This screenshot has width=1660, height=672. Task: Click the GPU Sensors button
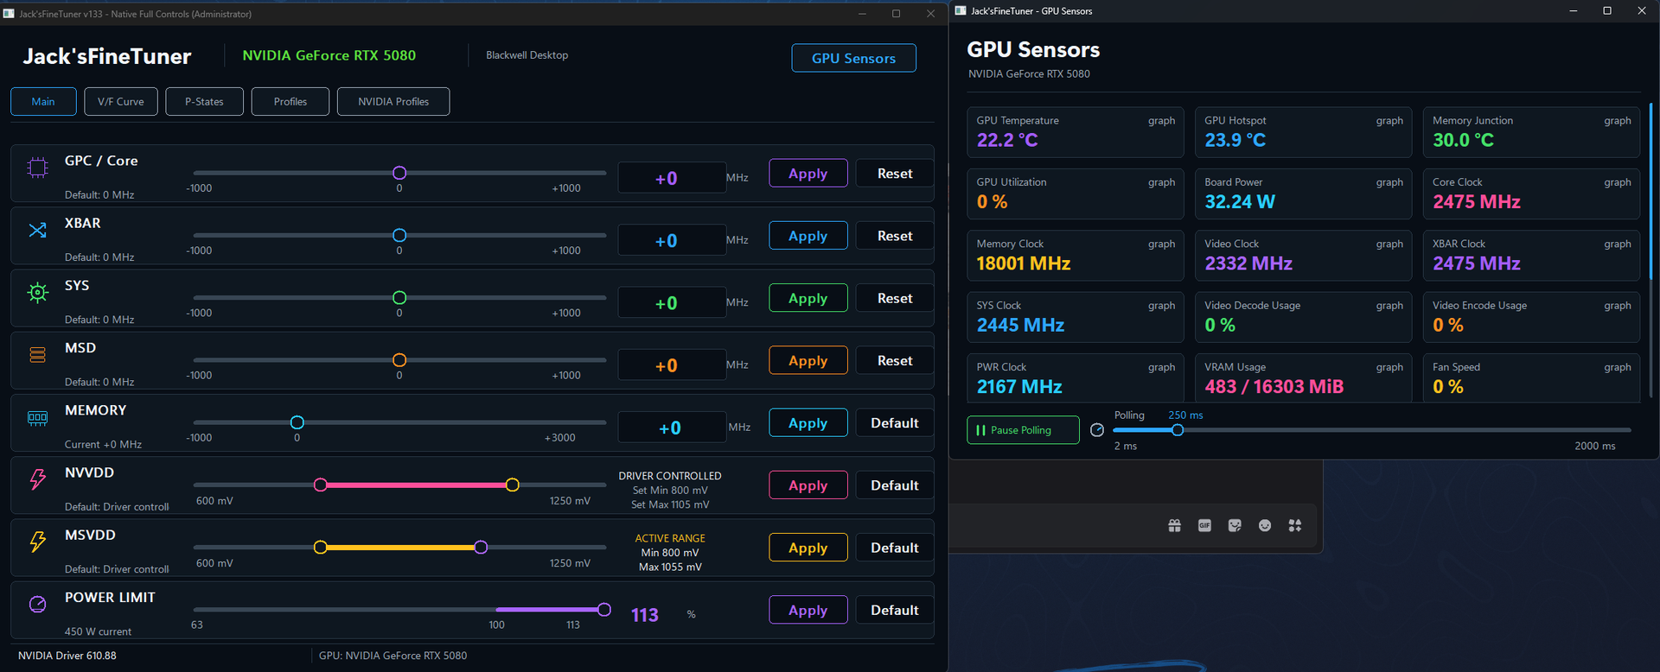tap(853, 58)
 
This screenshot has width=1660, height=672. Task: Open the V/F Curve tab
tap(121, 101)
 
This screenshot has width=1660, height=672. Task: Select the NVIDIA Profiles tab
tap(393, 101)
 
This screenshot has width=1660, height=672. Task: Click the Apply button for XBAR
tap(808, 236)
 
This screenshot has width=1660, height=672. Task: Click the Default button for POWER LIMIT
tap(894, 610)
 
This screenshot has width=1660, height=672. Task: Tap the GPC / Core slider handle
tap(399, 173)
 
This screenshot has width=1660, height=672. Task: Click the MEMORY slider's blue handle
tap(297, 422)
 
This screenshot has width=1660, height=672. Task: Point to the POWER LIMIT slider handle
tap(604, 610)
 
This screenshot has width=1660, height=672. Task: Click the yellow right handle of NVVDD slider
tap(513, 485)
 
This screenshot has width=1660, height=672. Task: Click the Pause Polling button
tap(1023, 430)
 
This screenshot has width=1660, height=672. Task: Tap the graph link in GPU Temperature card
tap(1161, 121)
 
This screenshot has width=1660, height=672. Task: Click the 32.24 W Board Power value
tap(1240, 202)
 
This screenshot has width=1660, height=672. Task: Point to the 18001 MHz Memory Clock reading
tap(1024, 263)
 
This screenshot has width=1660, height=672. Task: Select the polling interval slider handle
tap(1178, 430)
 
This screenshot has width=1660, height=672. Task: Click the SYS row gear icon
tap(38, 293)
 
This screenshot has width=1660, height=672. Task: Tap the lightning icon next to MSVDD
tap(38, 542)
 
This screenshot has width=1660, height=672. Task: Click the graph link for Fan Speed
tap(1618, 367)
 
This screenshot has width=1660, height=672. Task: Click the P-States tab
tap(204, 101)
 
